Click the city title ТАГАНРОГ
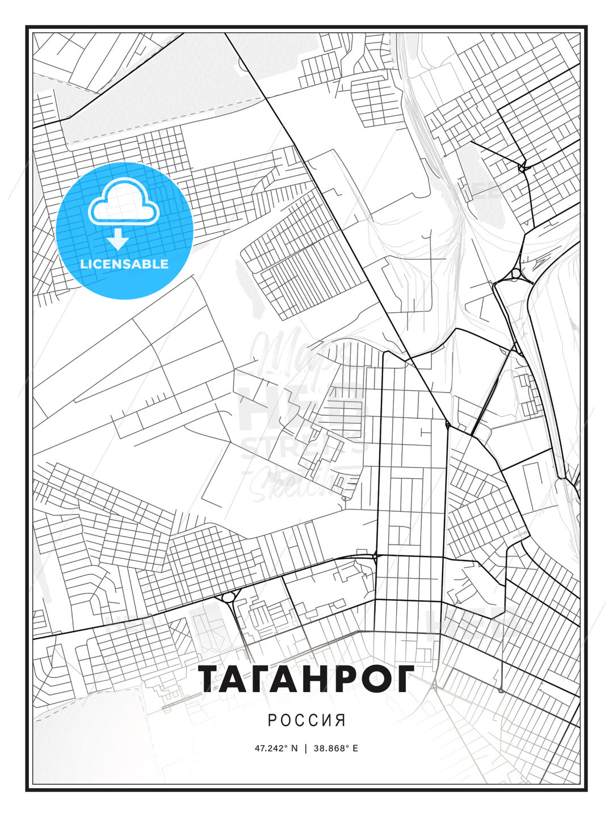click(x=306, y=679)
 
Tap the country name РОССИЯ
click(x=306, y=721)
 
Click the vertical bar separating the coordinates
click(x=306, y=748)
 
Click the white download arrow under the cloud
click(x=118, y=239)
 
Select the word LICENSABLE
click(x=124, y=264)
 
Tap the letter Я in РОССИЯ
click(x=340, y=721)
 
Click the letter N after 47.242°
click(x=294, y=748)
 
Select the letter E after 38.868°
click(x=355, y=748)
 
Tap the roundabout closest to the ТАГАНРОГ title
click(x=229, y=597)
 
